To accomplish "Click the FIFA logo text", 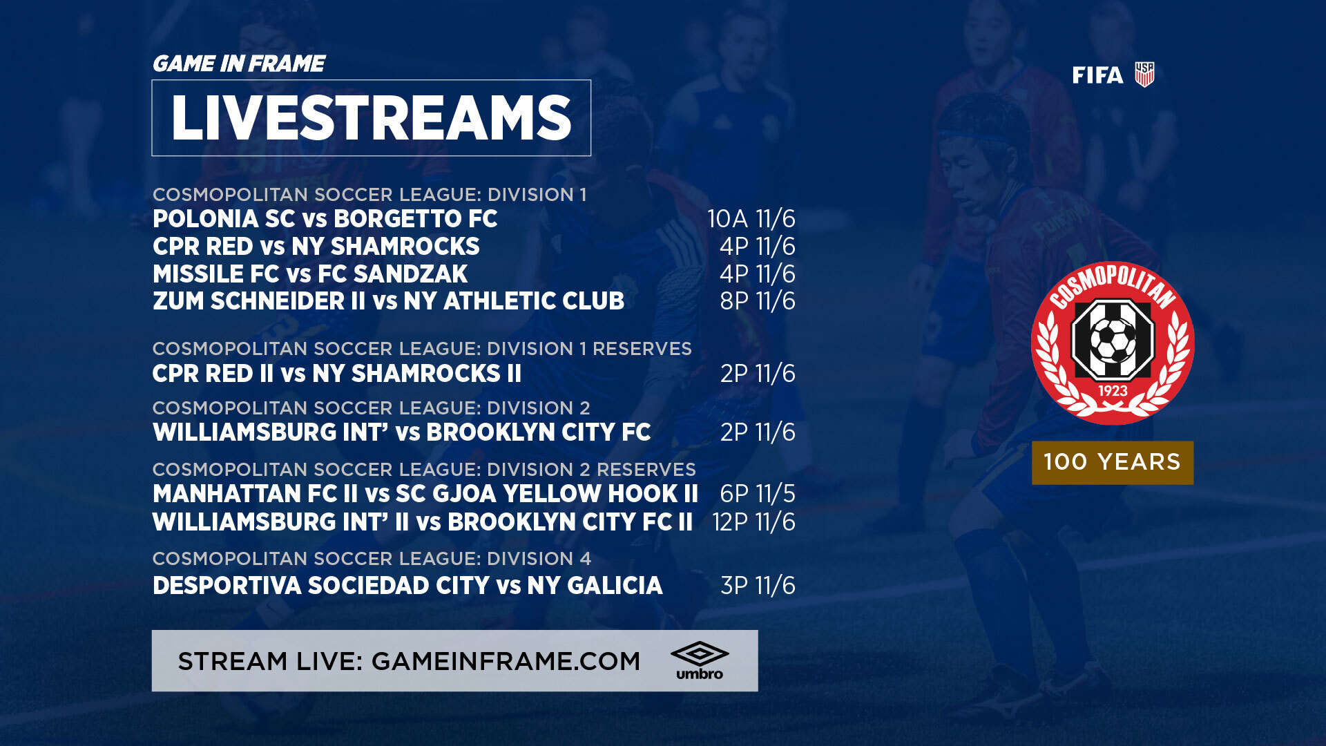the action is [x=1097, y=75].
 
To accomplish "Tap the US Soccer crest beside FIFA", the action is [x=1144, y=75].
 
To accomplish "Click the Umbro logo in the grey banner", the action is [x=700, y=660].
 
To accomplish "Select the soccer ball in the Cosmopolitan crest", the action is [x=1112, y=341].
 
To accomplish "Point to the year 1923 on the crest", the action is [x=1113, y=391].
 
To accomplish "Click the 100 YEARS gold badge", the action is [x=1113, y=462].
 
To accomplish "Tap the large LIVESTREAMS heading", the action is [x=371, y=118].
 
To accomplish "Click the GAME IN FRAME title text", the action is [x=238, y=64].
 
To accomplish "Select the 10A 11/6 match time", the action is [x=751, y=219].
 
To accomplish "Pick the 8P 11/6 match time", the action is [x=758, y=301].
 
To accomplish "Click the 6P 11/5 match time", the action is [x=758, y=494].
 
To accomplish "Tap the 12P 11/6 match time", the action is [x=753, y=522].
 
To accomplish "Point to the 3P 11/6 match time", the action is [x=758, y=586].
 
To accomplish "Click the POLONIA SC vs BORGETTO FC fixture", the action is [x=325, y=219].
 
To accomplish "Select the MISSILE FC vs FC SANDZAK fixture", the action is [x=310, y=274].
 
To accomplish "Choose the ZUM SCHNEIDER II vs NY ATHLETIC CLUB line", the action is [x=388, y=301].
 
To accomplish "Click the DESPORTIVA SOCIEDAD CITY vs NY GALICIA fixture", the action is [x=407, y=586].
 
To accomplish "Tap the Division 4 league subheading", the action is [x=372, y=558].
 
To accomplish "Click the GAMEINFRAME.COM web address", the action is [x=506, y=661].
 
